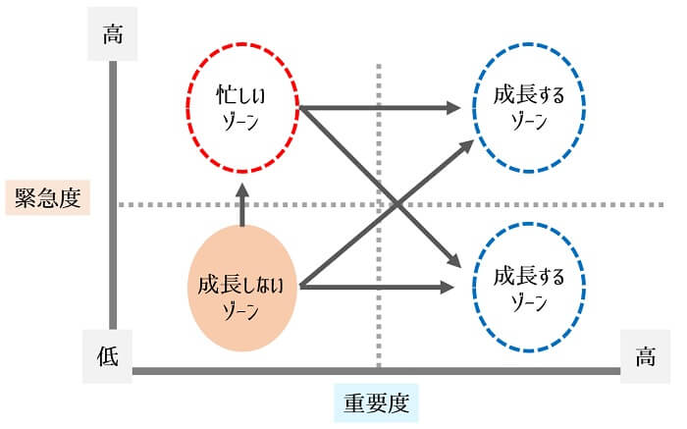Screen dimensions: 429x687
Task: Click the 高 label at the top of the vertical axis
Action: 113,35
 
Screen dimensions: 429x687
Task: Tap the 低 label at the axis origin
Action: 108,355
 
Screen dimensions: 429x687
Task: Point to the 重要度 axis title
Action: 375,402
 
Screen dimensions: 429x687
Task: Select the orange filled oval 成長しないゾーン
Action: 241,287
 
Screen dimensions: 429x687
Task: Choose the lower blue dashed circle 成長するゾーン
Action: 530,288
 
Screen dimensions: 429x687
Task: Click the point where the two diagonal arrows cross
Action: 393,203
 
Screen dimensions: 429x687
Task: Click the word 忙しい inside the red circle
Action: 241,96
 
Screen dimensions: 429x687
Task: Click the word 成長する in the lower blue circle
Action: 530,275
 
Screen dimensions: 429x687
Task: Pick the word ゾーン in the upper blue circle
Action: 530,121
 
